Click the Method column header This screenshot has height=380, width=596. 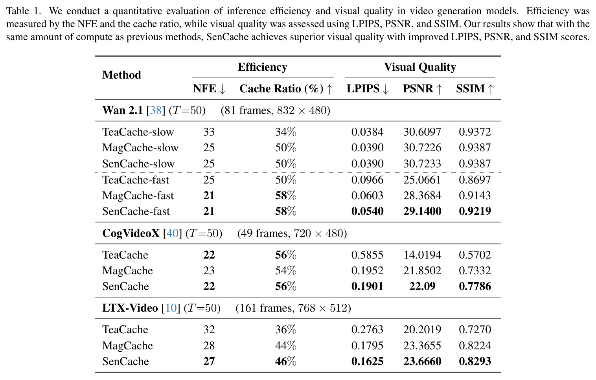pyautogui.click(x=121, y=75)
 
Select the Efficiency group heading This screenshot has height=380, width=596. pyautogui.click(x=262, y=67)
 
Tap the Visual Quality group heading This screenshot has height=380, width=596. pyautogui.click(x=420, y=67)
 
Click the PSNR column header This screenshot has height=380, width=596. pyautogui.click(x=422, y=88)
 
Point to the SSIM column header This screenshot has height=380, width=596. pyautogui.click(x=475, y=88)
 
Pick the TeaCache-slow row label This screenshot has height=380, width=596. pyautogui.click(x=138, y=132)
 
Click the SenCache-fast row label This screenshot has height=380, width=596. pyautogui.click(x=136, y=211)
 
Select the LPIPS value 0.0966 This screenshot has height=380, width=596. pyautogui.click(x=368, y=180)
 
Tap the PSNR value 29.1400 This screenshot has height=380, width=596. pyautogui.click(x=422, y=211)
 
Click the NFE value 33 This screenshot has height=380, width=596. pyautogui.click(x=209, y=132)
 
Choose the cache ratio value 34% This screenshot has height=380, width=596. pyautogui.click(x=286, y=132)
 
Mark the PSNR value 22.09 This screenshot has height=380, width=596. pyautogui.click(x=422, y=286)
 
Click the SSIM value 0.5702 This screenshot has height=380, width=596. pyautogui.click(x=475, y=255)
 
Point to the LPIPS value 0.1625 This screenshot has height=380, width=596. pyautogui.click(x=368, y=362)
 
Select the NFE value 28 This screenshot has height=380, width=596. pyautogui.click(x=209, y=346)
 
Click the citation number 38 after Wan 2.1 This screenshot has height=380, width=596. pyautogui.click(x=156, y=110)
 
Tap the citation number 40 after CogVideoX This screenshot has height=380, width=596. pyautogui.click(x=172, y=233)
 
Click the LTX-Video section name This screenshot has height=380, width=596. pyautogui.click(x=130, y=308)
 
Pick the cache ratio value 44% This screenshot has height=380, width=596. pyautogui.click(x=286, y=346)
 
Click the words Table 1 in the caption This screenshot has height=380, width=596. pyautogui.click(x=24, y=11)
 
